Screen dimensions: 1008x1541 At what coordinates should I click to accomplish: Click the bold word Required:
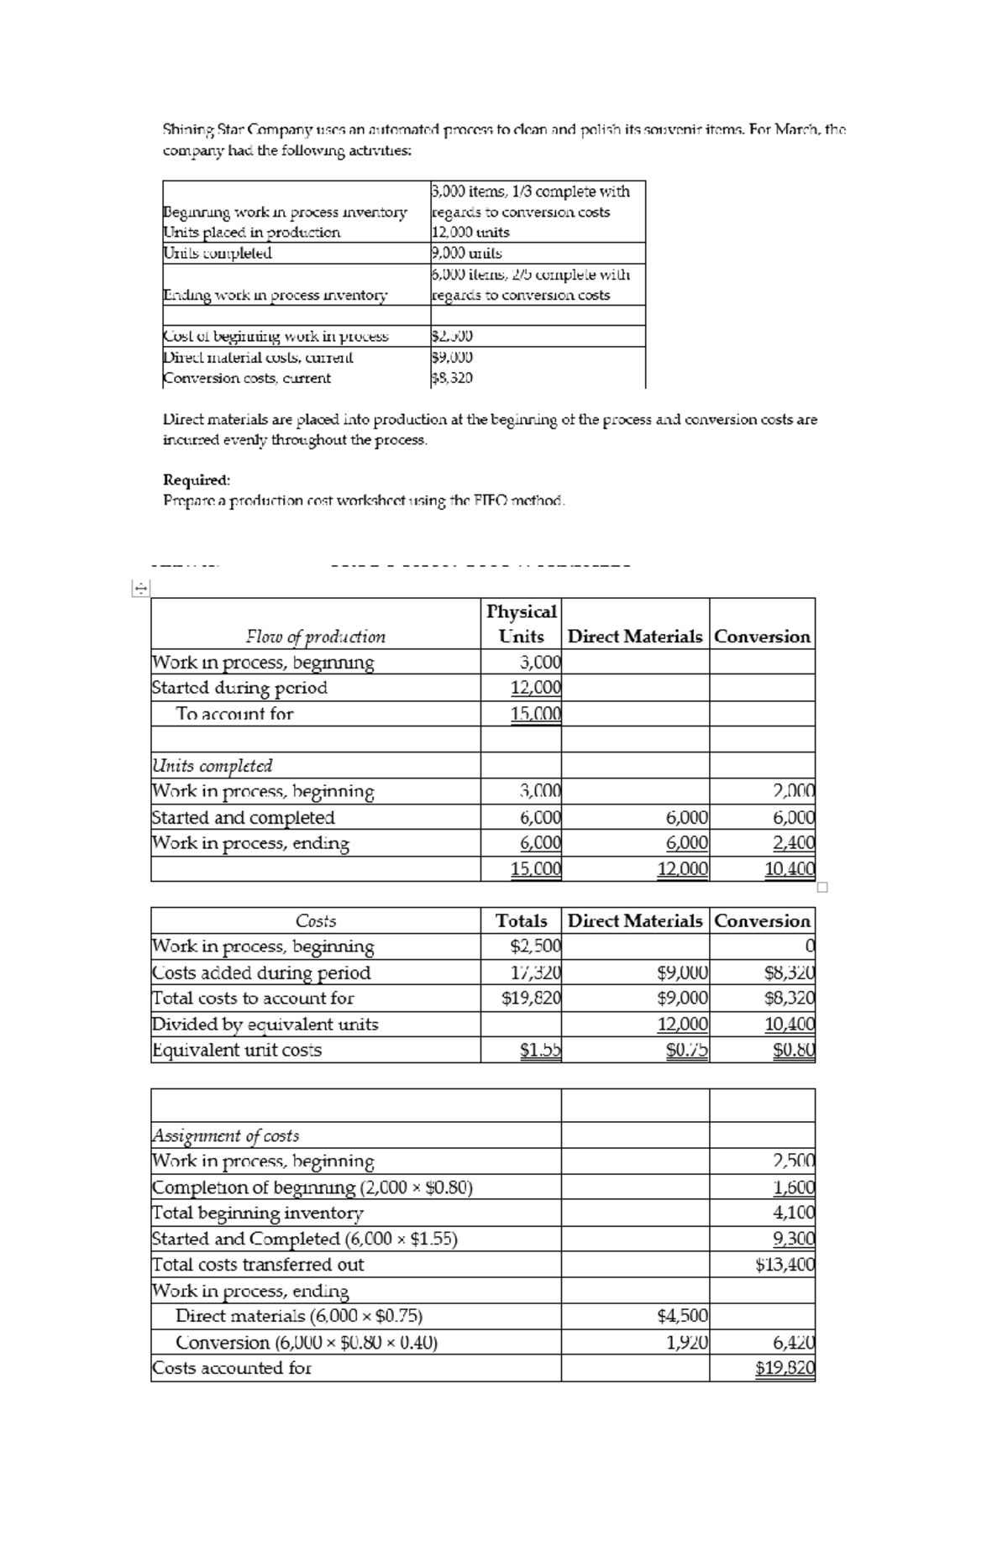[x=196, y=480]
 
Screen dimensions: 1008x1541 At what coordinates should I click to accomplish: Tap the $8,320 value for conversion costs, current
[x=452, y=378]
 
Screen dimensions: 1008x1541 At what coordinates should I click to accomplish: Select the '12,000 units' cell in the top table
[x=470, y=232]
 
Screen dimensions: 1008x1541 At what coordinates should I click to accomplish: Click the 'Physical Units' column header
[x=522, y=623]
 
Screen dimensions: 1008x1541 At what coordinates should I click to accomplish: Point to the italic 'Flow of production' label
[x=315, y=637]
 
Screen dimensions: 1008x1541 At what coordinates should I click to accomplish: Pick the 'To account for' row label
[x=234, y=714]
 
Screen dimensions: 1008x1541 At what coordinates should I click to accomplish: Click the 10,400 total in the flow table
[x=790, y=868]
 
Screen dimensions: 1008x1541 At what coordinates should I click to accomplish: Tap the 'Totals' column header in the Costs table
[x=522, y=920]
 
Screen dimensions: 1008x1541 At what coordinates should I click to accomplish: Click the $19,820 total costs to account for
[x=531, y=998]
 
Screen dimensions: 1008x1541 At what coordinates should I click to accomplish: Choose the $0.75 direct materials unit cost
[x=687, y=1050]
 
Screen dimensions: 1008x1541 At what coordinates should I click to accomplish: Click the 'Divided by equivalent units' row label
[x=265, y=1024]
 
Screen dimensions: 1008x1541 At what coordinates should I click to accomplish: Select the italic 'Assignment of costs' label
[x=225, y=1135]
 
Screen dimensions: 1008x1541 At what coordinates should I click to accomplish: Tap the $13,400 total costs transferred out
[x=785, y=1264]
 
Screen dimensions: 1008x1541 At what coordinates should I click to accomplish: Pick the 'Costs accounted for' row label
[x=231, y=1367]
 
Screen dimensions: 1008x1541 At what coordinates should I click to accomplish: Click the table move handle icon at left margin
[x=140, y=590]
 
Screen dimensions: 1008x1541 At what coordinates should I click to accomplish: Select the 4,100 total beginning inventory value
[x=794, y=1213]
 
